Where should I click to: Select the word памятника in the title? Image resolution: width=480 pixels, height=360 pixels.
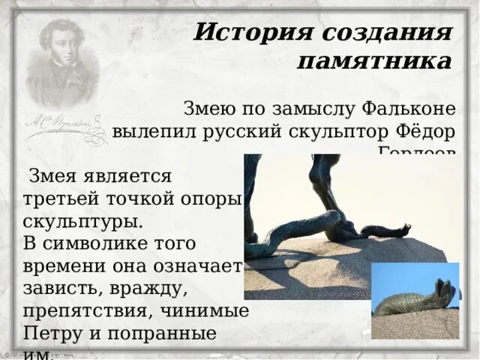374,61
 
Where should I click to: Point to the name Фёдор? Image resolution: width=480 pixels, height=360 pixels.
426,131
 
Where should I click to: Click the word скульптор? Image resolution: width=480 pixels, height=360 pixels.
340,131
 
